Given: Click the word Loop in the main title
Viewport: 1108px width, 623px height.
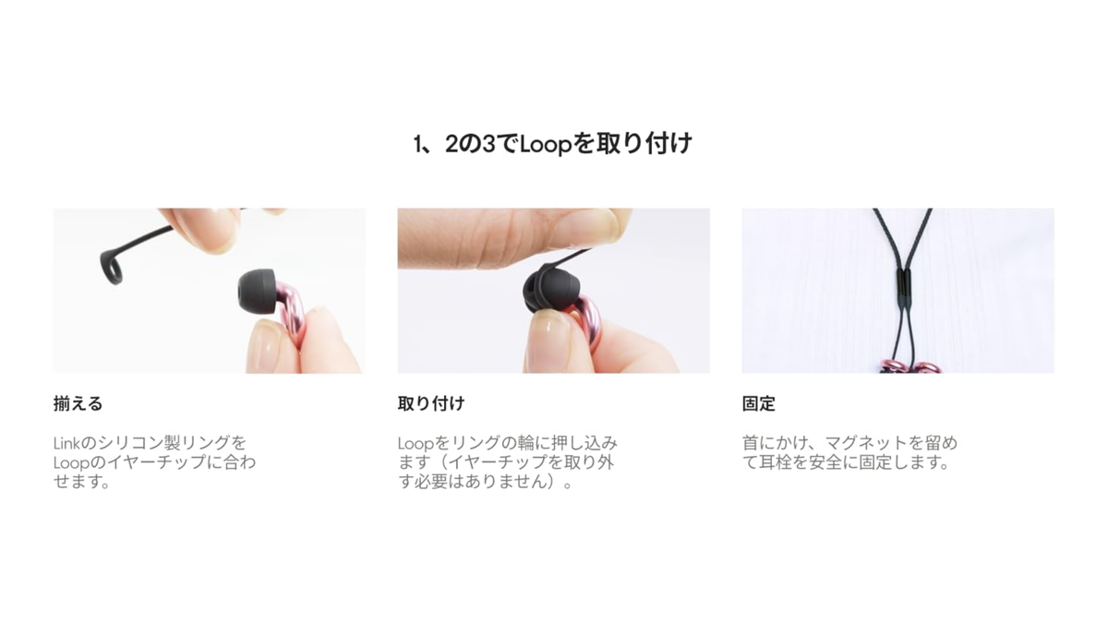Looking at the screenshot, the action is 546,144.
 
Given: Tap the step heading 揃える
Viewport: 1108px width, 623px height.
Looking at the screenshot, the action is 78,404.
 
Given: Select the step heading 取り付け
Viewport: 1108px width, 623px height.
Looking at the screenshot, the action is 431,404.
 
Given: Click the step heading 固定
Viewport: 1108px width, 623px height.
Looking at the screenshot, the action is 758,404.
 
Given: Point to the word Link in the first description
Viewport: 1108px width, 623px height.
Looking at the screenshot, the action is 66,442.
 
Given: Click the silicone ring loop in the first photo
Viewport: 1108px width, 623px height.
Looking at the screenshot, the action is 112,267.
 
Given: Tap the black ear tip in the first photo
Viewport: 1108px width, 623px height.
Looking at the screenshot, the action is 257,292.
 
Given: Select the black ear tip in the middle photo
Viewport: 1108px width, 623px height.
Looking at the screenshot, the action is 550,290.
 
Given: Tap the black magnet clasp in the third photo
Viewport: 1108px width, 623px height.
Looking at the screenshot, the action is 903,287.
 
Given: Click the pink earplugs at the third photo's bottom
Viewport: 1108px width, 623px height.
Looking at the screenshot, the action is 909,368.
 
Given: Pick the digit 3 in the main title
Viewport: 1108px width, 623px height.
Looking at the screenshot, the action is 488,144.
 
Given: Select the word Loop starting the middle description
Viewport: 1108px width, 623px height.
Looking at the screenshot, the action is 415,444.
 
